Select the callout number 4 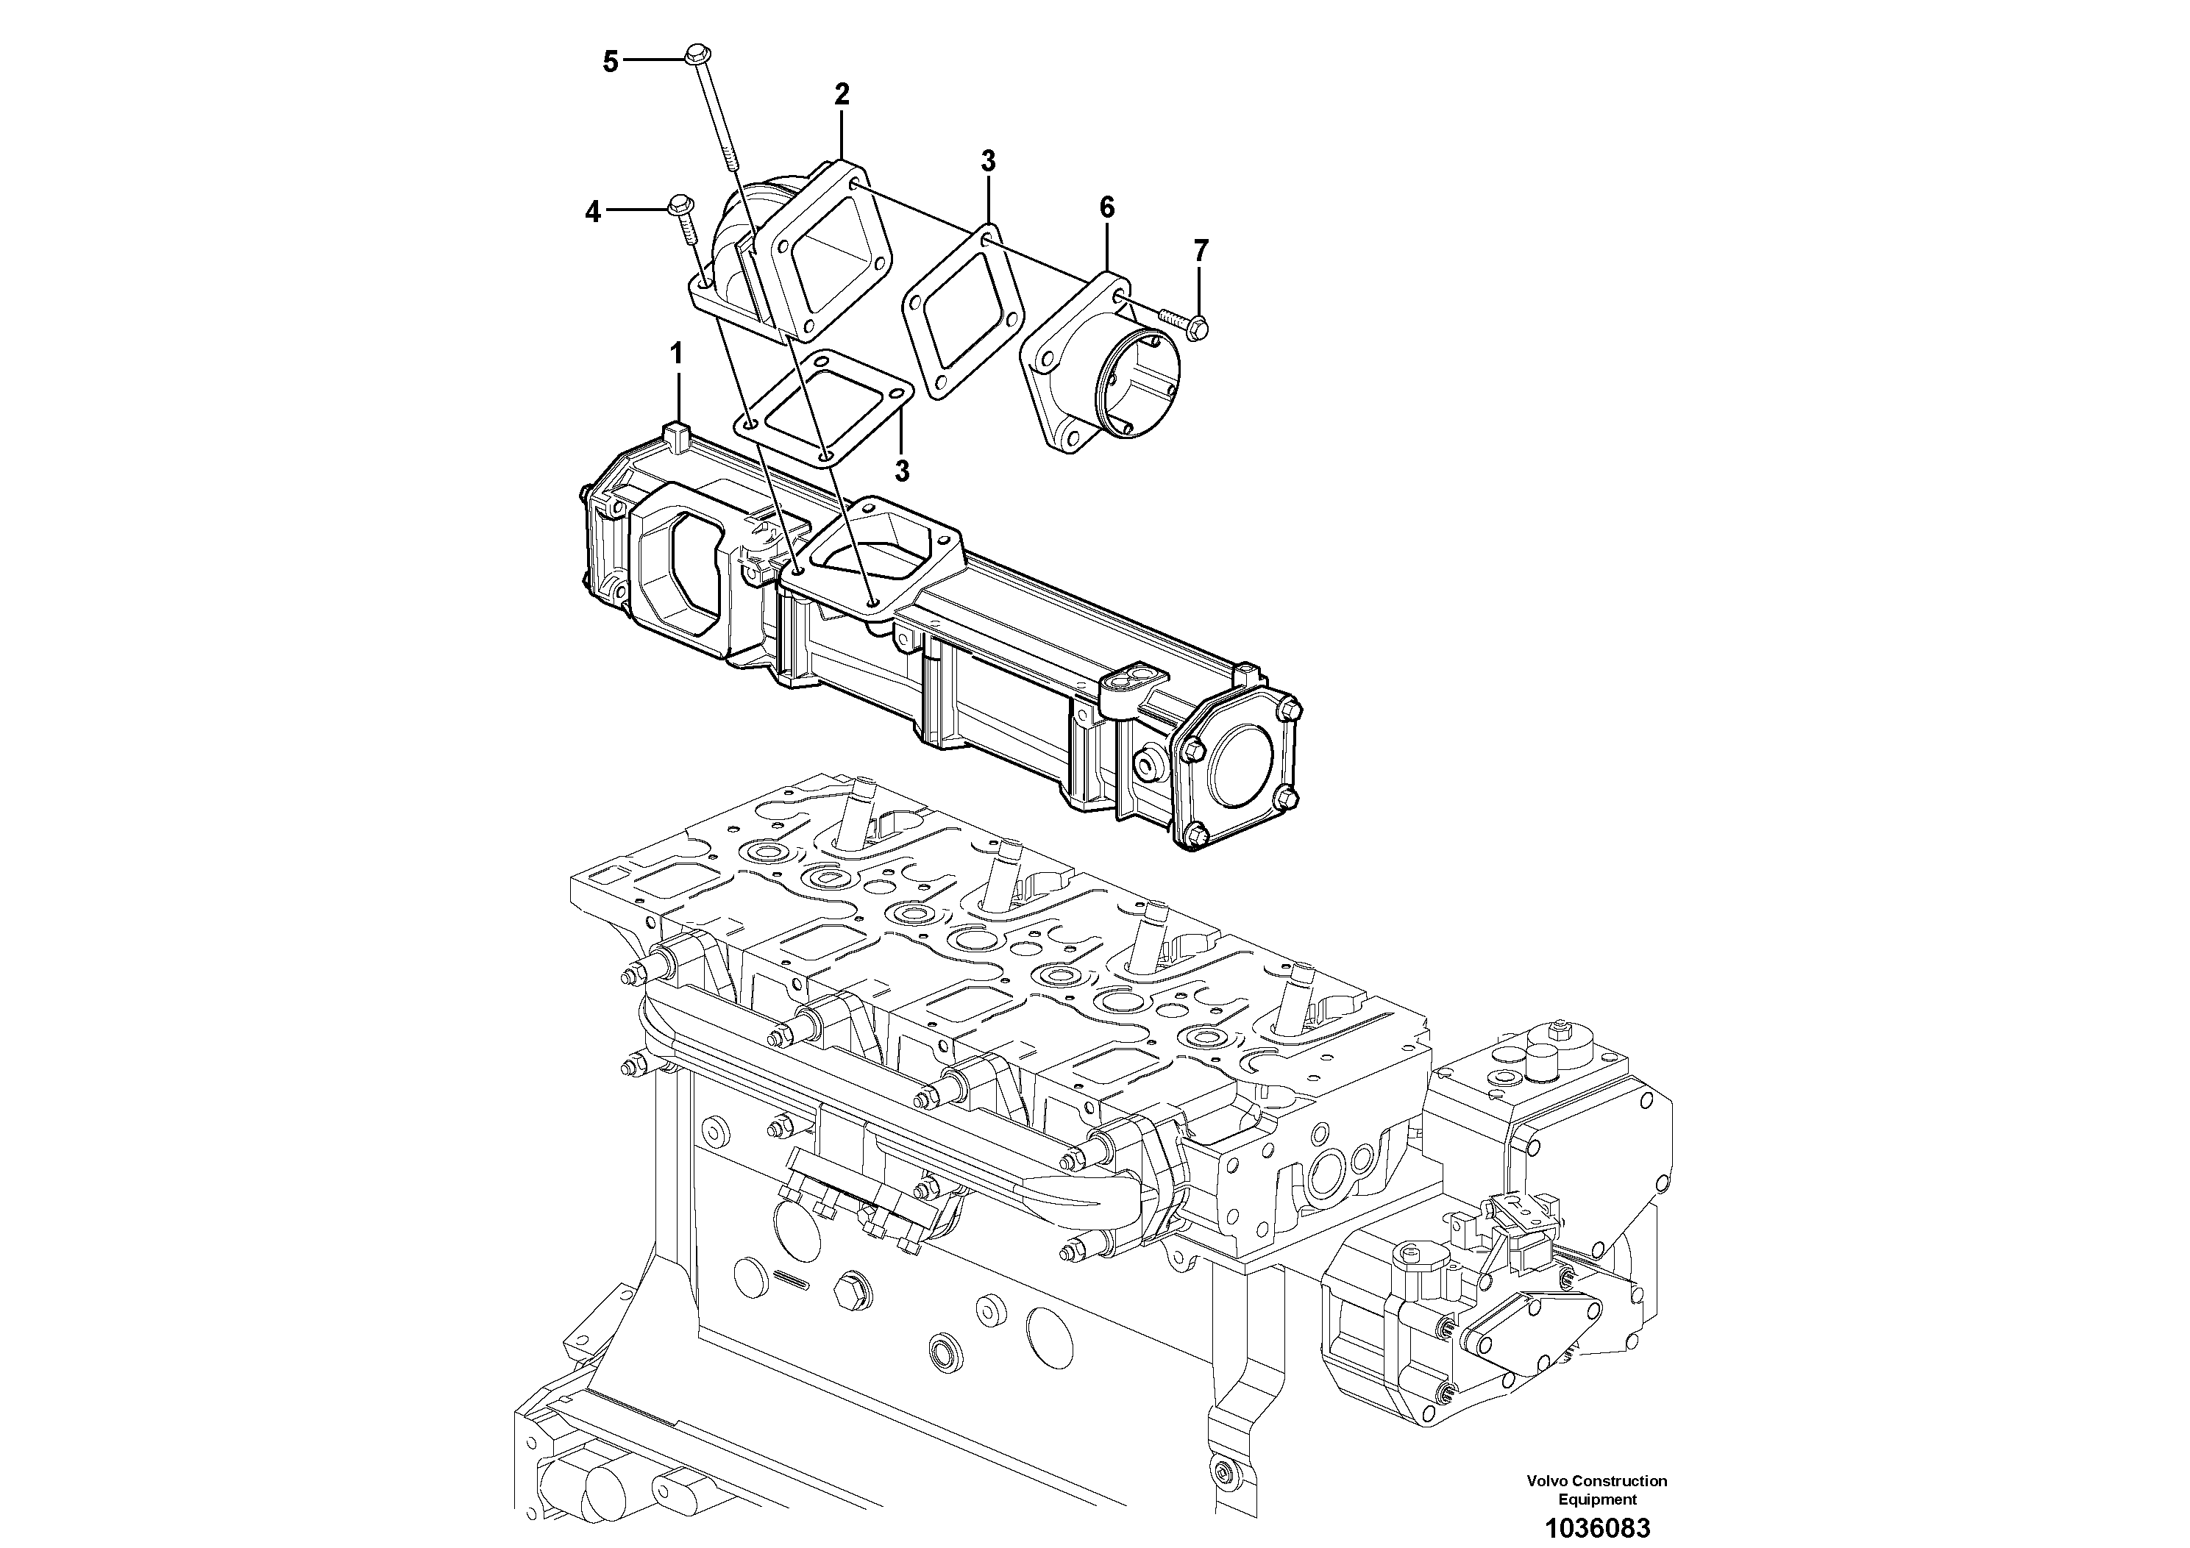(593, 212)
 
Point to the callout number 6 (1106, 207)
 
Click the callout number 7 (1201, 251)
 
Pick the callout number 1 (676, 354)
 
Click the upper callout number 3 (988, 161)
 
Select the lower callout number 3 (901, 470)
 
